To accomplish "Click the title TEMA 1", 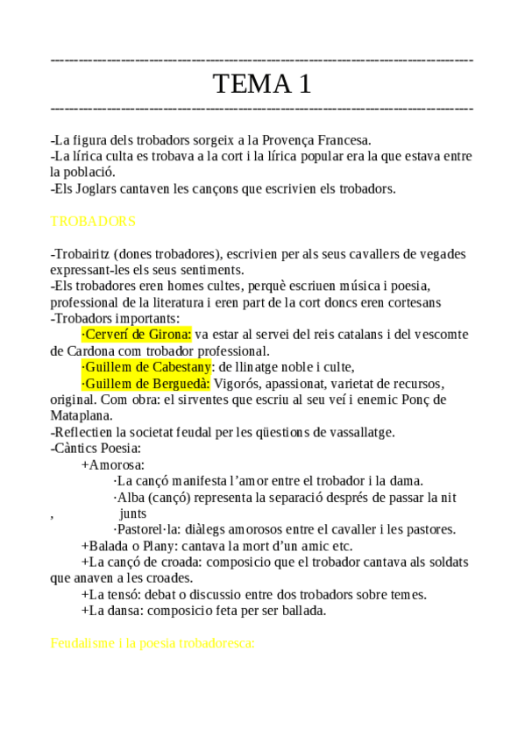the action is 262,84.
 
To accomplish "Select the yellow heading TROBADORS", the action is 93,221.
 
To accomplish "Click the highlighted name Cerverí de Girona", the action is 136,334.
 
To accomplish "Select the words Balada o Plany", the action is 127,546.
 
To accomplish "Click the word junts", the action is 133,513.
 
